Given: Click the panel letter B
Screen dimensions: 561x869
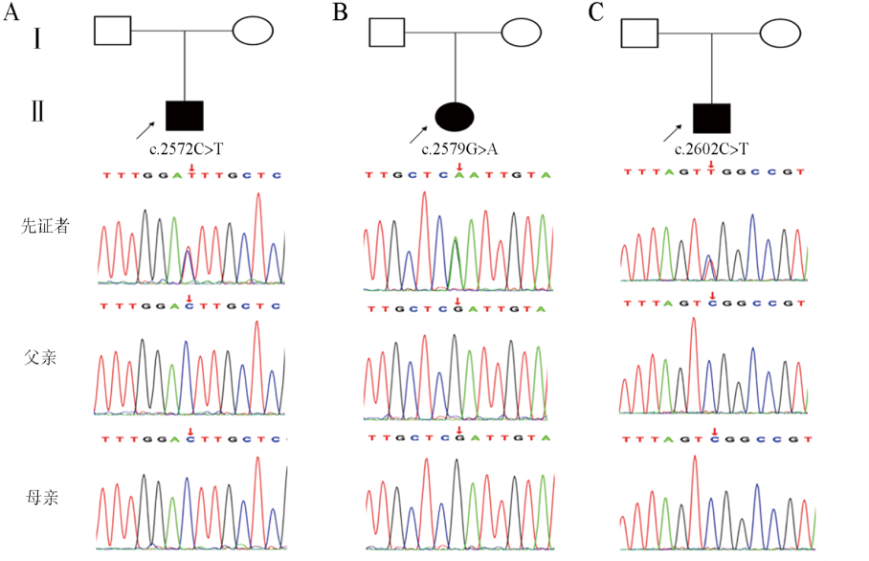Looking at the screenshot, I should tap(341, 12).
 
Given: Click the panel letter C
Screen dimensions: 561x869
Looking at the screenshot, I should tap(596, 12).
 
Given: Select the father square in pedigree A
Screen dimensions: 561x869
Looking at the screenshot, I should tap(112, 31).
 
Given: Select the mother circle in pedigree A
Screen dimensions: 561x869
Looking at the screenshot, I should tap(254, 31).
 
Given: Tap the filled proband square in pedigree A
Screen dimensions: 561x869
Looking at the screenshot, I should tap(184, 115).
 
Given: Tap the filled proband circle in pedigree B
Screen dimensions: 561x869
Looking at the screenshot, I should tap(455, 117).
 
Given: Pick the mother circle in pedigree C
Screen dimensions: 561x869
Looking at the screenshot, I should tap(779, 34).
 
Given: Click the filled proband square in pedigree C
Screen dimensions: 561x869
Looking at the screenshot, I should tap(711, 119).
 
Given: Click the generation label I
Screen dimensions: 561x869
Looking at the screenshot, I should tap(36, 40).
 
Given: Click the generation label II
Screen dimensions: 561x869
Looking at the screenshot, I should tap(37, 112).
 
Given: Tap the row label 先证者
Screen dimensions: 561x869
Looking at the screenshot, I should tap(44, 228).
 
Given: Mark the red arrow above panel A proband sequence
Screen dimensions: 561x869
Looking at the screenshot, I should tap(191, 168).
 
